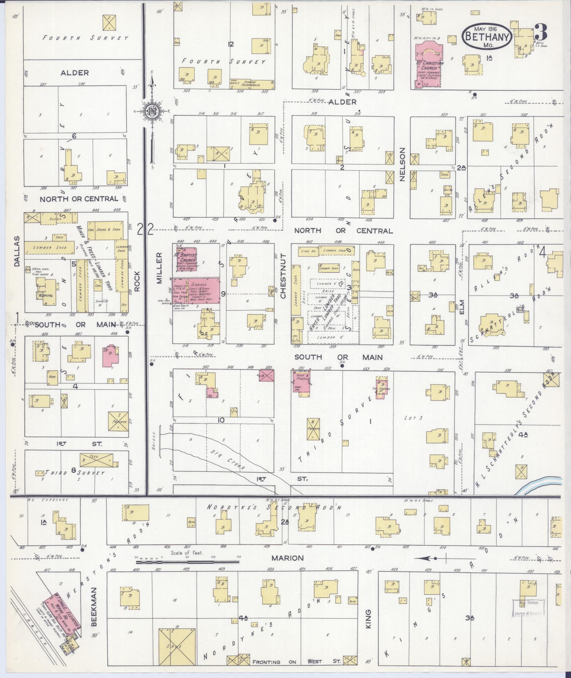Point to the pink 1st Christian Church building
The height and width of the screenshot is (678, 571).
tap(428, 66)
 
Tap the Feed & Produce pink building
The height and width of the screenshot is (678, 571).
tap(302, 382)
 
